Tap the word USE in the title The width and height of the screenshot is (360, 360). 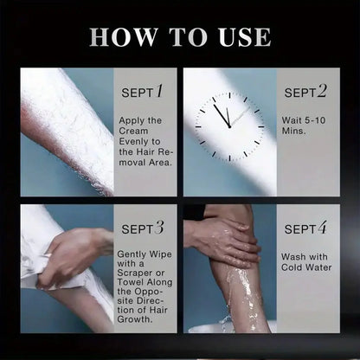tap(245, 37)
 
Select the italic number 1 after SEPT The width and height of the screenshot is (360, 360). tap(159, 91)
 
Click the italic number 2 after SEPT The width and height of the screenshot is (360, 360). tap(322, 91)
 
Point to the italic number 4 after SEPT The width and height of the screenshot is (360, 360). tap(322, 228)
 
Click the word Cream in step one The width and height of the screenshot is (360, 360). tap(133, 131)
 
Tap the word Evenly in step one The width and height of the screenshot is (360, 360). tap(135, 142)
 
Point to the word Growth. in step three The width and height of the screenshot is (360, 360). tap(134, 319)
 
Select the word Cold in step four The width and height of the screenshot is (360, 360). tap(292, 267)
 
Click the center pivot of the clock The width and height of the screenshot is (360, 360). tap(229, 126)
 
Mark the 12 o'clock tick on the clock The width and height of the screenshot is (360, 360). tap(229, 95)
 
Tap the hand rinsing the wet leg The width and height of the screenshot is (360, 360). tap(222, 241)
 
